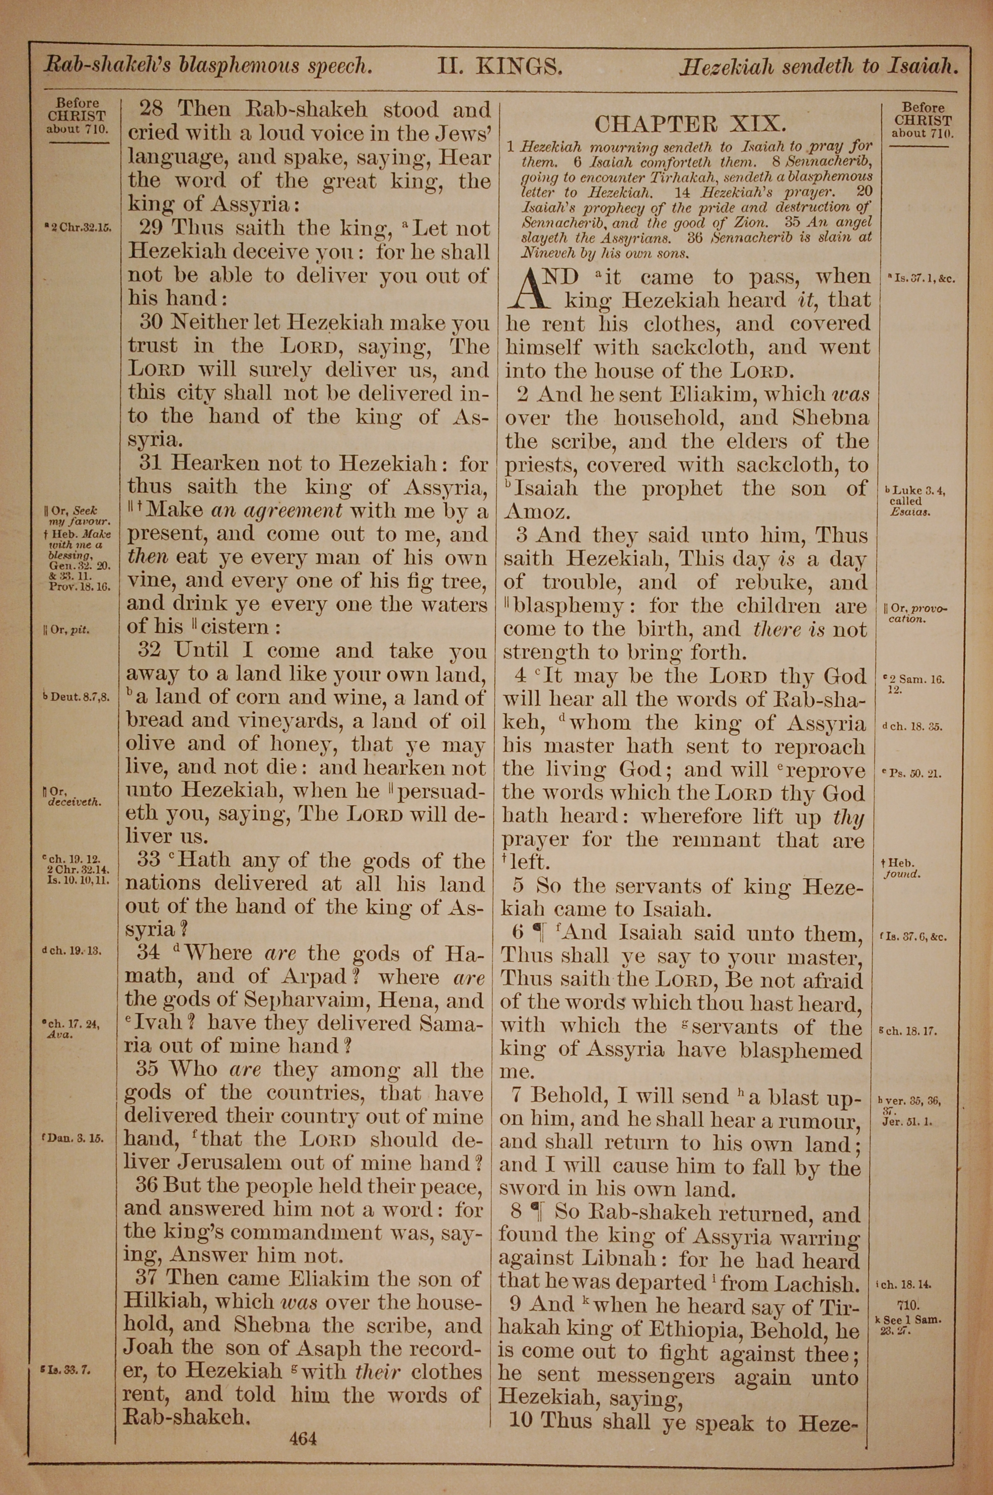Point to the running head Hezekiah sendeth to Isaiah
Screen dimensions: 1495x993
(x=817, y=67)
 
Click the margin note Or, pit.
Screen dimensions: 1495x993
(x=67, y=630)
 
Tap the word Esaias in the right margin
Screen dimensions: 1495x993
(x=910, y=512)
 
